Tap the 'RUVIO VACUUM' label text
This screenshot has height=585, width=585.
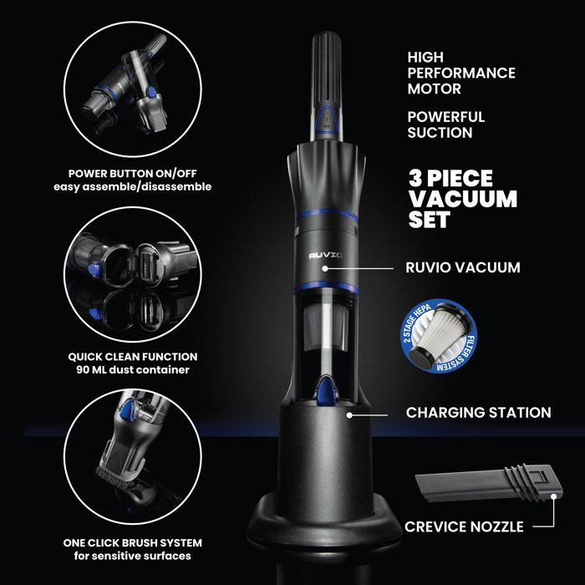pos(462,268)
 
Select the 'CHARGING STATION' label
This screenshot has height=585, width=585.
pos(478,413)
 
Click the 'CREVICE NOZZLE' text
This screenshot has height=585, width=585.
pos(465,527)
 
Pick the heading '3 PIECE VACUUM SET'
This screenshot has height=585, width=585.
pos(462,200)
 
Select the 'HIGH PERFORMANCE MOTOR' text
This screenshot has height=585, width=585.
pos(460,73)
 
